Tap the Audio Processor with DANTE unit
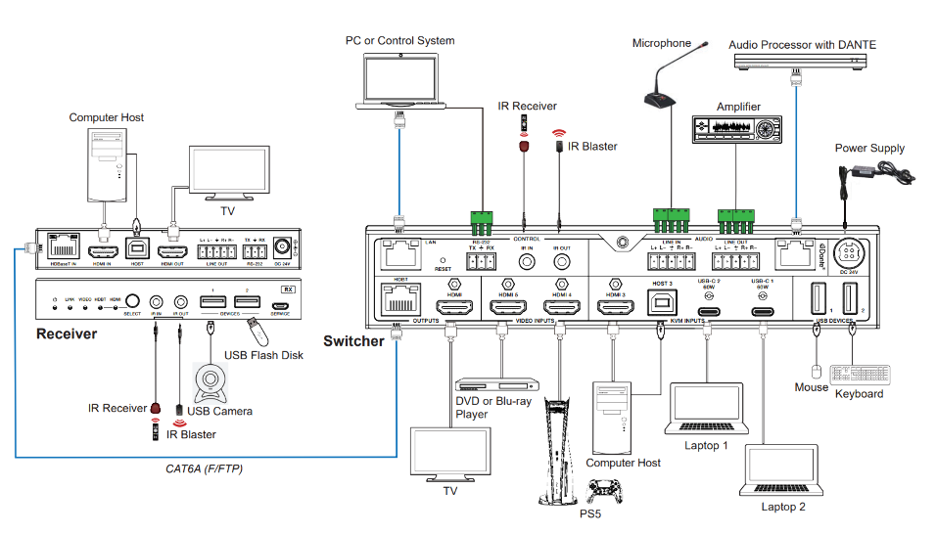(x=801, y=61)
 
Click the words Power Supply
(x=869, y=149)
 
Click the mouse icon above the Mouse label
(x=816, y=372)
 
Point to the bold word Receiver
(x=67, y=334)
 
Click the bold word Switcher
(x=353, y=341)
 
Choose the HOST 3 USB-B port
(x=661, y=303)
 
